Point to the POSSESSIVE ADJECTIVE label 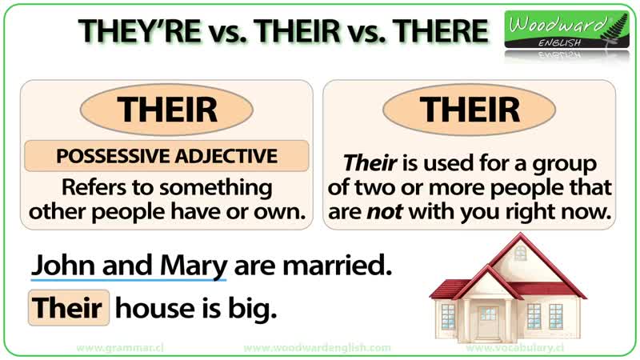point(167,156)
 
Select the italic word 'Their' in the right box point(370,164)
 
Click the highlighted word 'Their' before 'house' point(68,308)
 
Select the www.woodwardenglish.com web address point(317,349)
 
